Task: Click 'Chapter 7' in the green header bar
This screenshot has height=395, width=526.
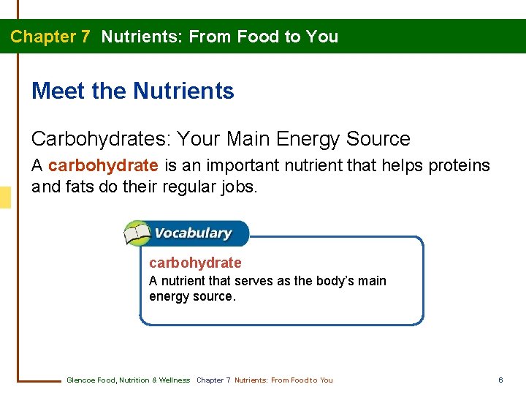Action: click(50, 37)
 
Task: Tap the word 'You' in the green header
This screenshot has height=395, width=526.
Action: click(322, 37)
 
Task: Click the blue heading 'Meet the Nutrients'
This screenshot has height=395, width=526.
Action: click(133, 91)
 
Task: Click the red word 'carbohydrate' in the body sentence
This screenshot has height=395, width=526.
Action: click(103, 166)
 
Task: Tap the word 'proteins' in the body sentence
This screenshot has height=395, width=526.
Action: click(460, 166)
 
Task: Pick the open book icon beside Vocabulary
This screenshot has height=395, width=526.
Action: click(137, 234)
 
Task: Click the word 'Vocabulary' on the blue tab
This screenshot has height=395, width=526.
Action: click(194, 234)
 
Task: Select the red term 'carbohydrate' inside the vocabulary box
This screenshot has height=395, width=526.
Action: click(195, 263)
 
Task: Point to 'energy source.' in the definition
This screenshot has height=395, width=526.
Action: click(192, 296)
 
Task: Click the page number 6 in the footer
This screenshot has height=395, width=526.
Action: click(500, 380)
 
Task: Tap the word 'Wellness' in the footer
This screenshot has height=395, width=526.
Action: click(175, 380)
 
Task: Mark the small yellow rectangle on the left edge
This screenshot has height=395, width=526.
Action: click(5, 197)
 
